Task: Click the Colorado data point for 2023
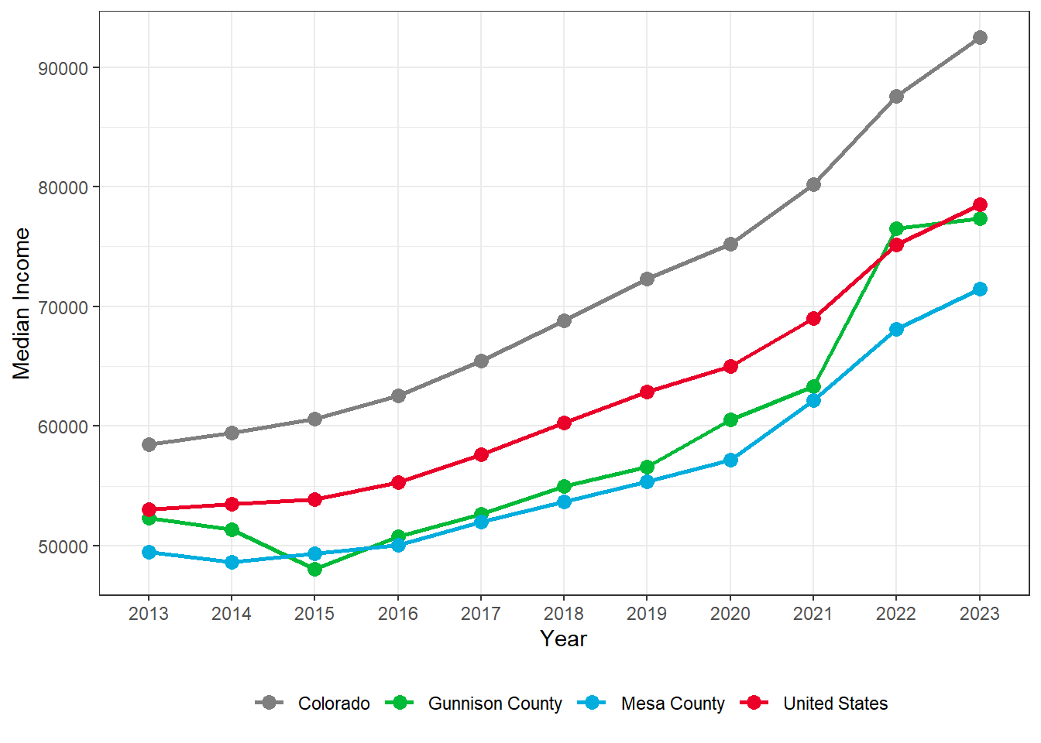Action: coord(980,37)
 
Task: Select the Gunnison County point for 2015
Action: coord(314,569)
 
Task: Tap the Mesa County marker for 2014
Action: coord(232,562)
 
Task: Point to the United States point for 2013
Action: coord(149,509)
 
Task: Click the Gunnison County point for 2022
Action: coord(896,228)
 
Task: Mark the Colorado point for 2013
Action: coord(149,444)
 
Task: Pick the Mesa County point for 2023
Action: coord(980,289)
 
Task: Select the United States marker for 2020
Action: coord(730,366)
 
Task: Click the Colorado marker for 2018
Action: coord(564,320)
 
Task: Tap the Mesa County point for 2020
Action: coord(730,460)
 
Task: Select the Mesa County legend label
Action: coord(672,704)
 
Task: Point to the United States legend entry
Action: coord(835,704)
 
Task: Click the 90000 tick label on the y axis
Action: coord(64,68)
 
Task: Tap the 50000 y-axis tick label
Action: coord(64,546)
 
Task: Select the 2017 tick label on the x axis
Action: coord(481,614)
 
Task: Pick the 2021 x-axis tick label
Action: coord(813,614)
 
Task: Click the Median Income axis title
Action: coord(22,303)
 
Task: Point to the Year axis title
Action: coord(563,639)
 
